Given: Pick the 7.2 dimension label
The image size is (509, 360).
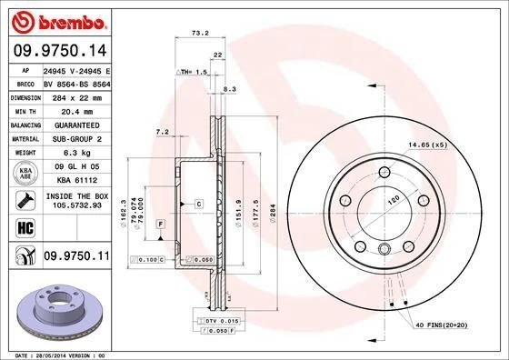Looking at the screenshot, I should click(163, 133).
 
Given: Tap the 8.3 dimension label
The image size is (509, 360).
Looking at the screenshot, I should click(229, 89).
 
